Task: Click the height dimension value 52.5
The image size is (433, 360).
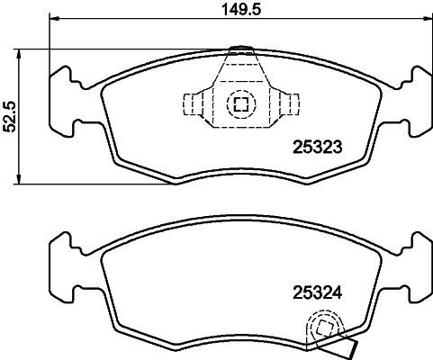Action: click(10, 115)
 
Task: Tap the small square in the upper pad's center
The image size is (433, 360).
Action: click(240, 104)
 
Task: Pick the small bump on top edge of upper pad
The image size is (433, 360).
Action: click(240, 49)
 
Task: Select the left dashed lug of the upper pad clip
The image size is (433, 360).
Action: click(194, 104)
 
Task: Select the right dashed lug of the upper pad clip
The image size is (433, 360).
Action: click(287, 104)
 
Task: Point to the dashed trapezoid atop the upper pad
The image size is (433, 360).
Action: click(240, 67)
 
